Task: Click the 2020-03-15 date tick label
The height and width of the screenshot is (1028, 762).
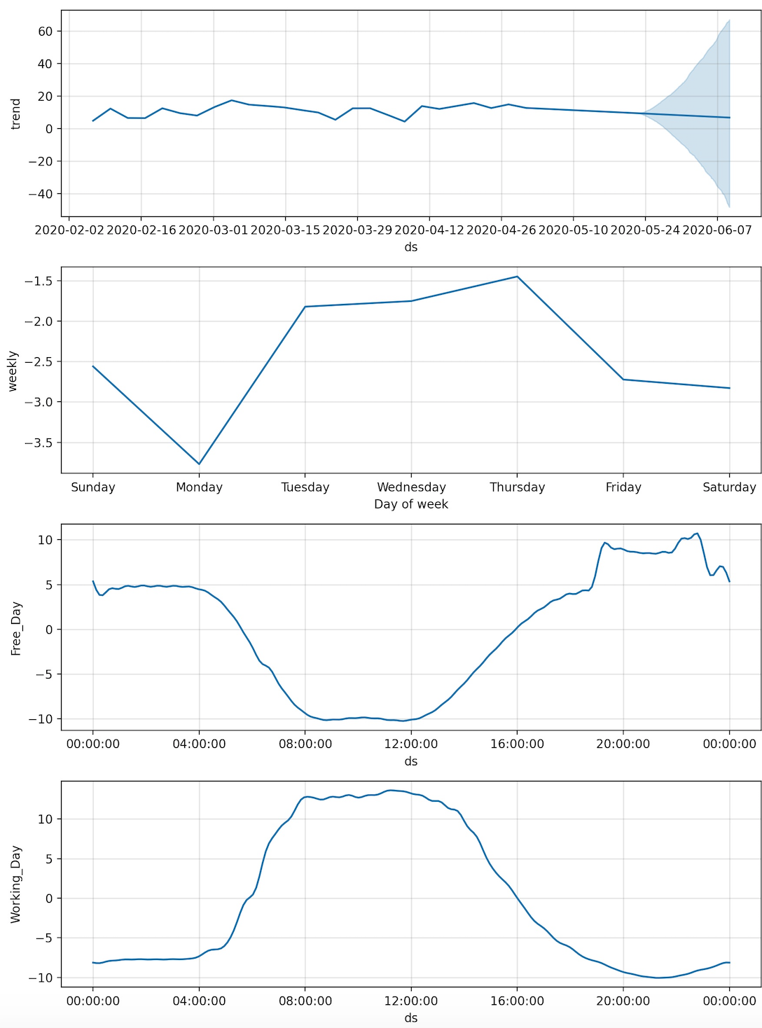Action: (x=284, y=230)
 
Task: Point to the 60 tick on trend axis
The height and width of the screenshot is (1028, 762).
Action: (x=46, y=32)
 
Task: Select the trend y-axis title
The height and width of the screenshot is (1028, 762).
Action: (x=16, y=113)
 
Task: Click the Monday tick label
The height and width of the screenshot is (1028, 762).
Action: (x=199, y=487)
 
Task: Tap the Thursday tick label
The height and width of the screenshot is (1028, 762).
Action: (x=517, y=487)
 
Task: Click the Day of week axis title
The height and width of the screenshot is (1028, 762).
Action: (x=411, y=504)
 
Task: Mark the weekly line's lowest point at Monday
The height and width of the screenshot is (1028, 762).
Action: (x=200, y=464)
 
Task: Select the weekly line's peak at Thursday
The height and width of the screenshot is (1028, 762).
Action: (x=517, y=277)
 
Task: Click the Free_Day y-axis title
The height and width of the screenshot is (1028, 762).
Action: (x=16, y=628)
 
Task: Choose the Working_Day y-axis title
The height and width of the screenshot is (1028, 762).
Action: (x=16, y=884)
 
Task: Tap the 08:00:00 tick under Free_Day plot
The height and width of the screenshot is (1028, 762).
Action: (x=305, y=744)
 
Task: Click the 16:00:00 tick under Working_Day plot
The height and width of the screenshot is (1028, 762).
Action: (x=517, y=1001)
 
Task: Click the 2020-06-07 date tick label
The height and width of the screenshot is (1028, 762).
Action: (x=716, y=230)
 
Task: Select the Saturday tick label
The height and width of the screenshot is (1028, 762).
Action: (x=729, y=487)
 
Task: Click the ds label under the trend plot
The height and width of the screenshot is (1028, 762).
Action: (x=411, y=247)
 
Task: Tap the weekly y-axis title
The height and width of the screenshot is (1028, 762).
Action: (x=13, y=370)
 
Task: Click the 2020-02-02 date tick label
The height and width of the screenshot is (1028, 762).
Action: (x=69, y=230)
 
